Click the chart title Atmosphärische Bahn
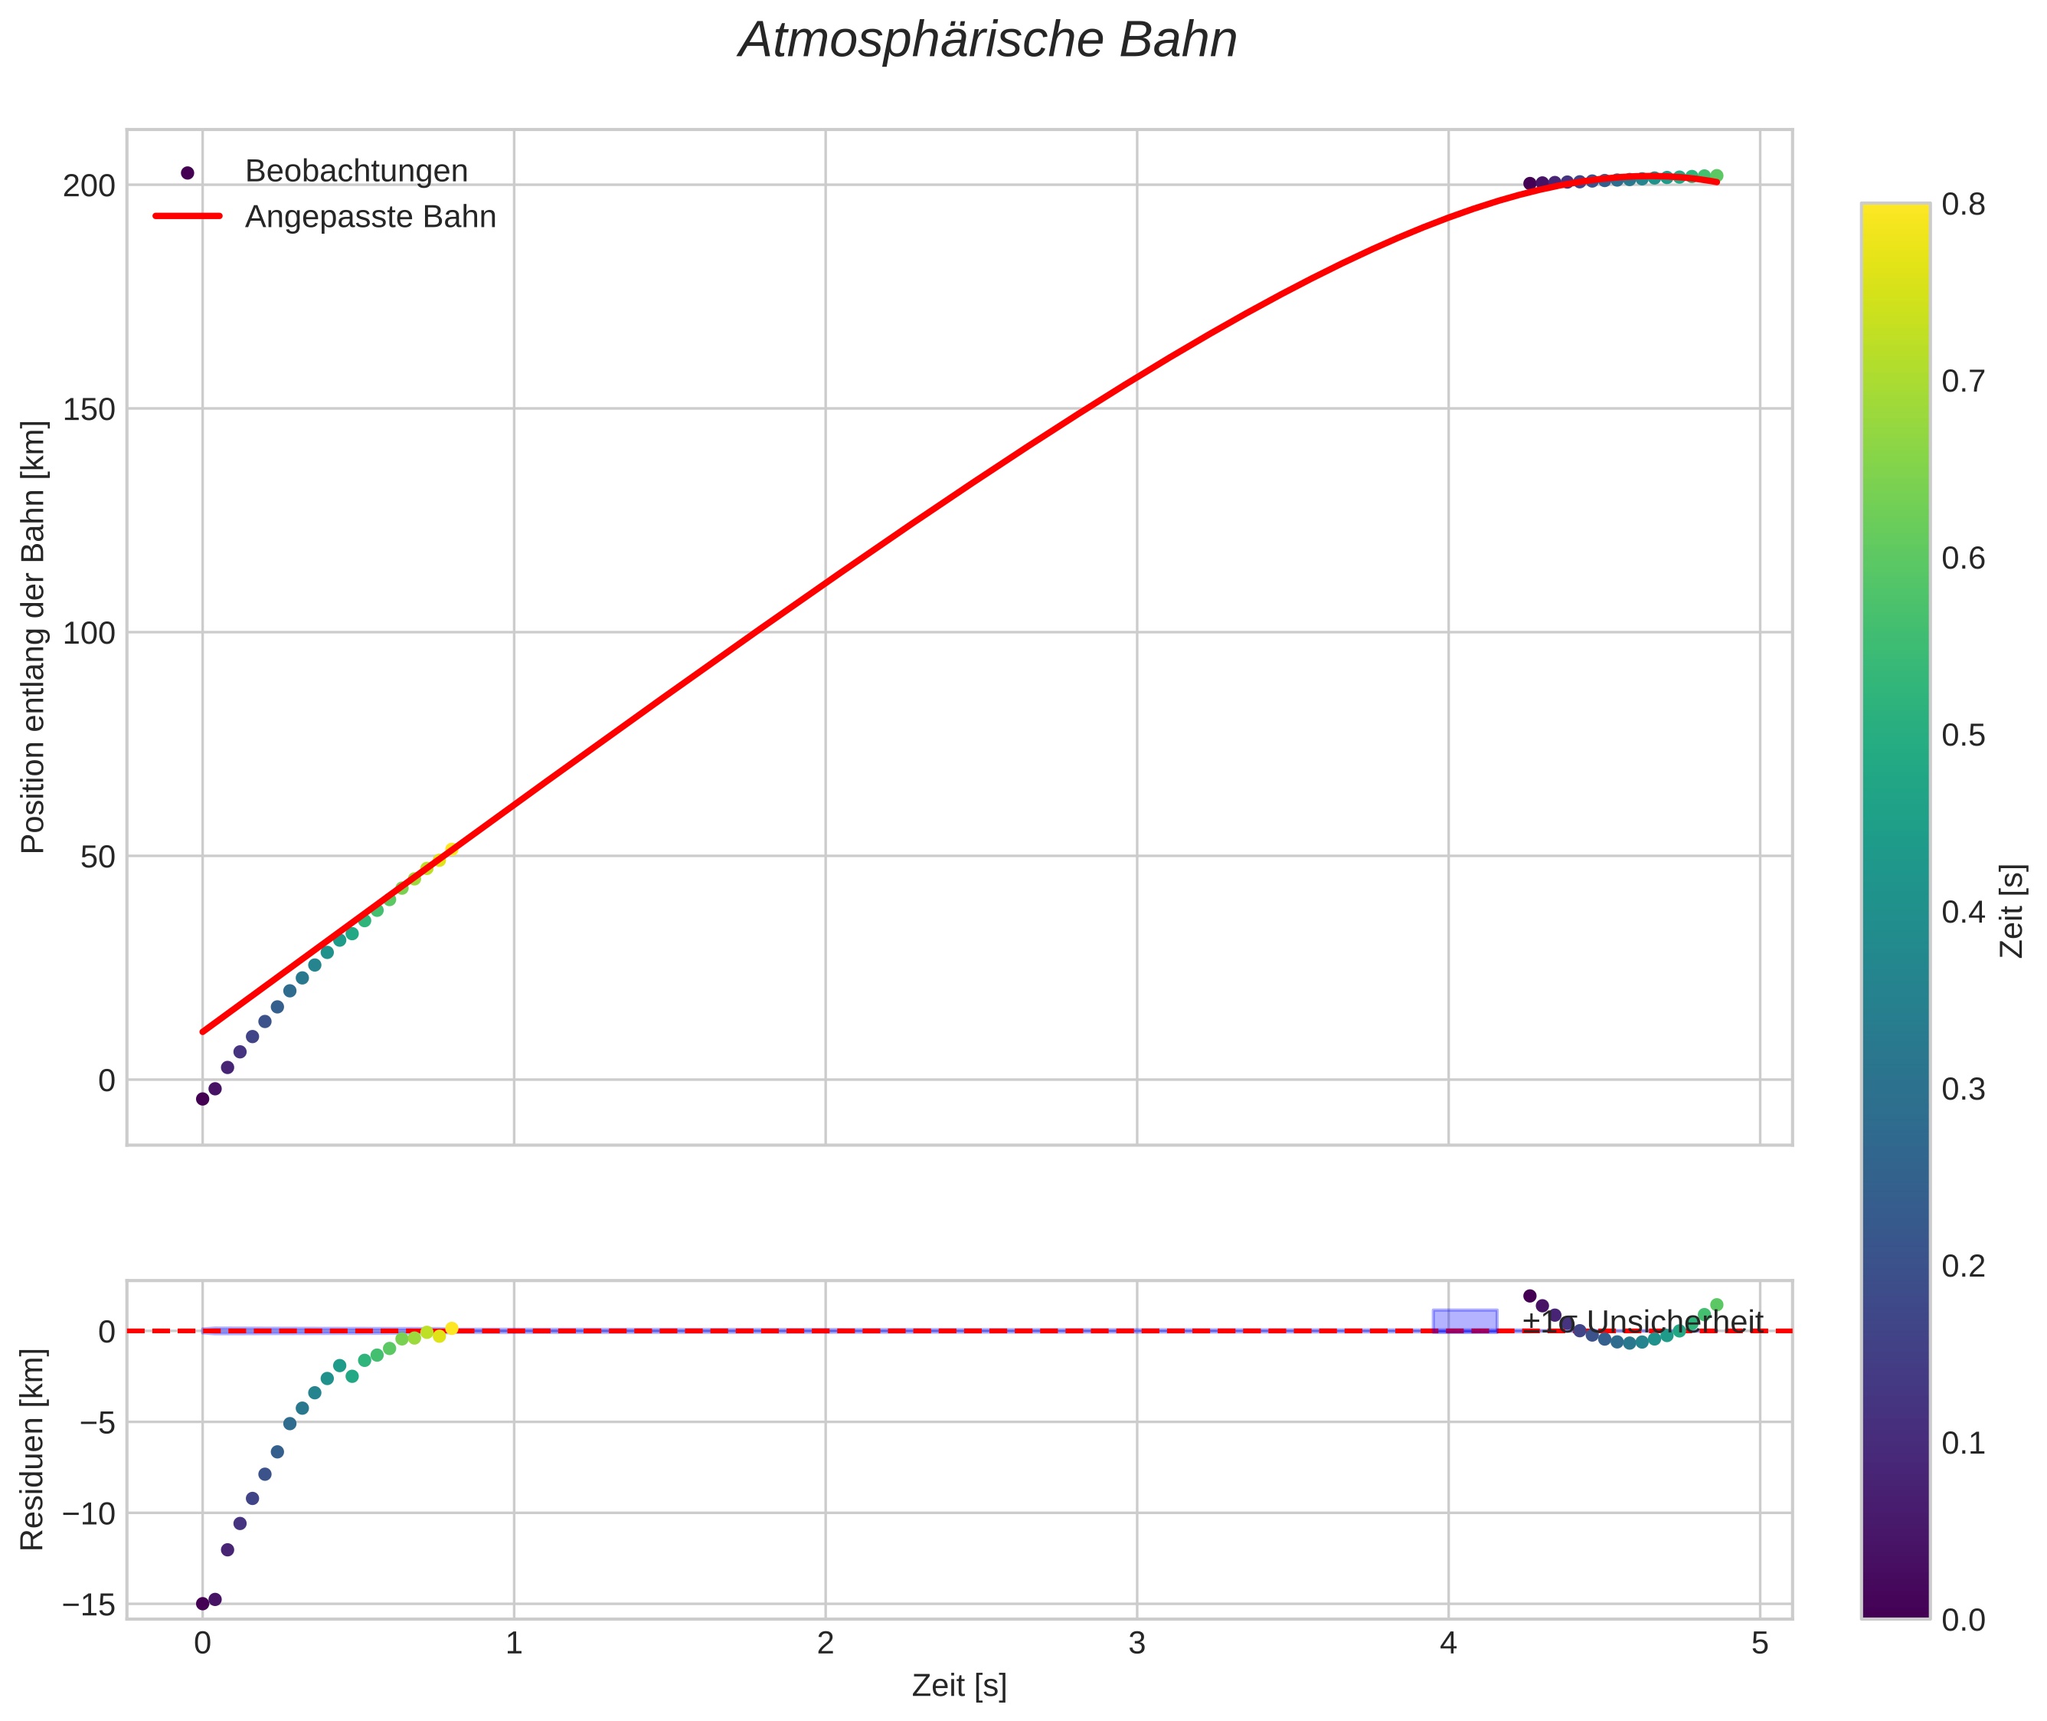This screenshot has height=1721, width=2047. [x=987, y=41]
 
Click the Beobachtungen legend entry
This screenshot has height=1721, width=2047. [x=356, y=172]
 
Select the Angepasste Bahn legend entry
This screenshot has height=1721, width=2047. [x=370, y=217]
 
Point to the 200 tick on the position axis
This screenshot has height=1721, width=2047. [x=89, y=185]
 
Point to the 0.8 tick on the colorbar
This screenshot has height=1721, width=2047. [x=1963, y=204]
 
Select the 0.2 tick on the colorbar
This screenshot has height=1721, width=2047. [x=1963, y=1267]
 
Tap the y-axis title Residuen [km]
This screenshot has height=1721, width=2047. [x=32, y=1450]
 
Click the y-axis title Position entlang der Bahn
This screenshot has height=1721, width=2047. [x=32, y=637]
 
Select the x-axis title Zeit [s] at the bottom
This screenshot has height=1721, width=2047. [x=959, y=1686]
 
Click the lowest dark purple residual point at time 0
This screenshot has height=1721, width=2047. [x=203, y=1604]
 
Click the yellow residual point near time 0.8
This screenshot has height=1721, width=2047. [x=452, y=1329]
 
